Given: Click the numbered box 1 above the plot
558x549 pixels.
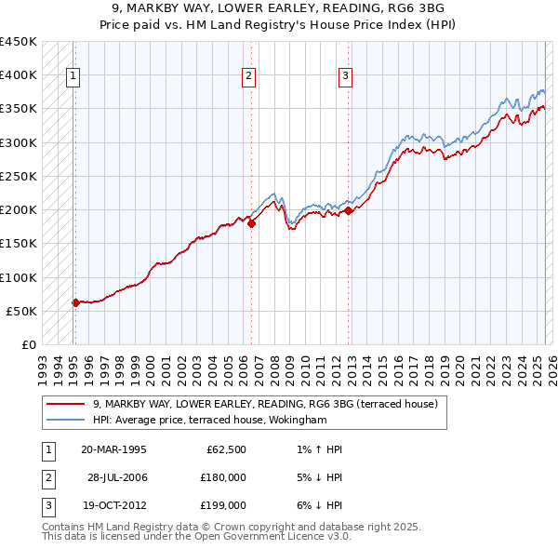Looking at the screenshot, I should click(73, 77).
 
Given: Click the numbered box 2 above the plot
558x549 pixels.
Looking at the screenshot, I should click(249, 77).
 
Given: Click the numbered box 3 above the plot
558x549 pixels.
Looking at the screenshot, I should click(345, 77).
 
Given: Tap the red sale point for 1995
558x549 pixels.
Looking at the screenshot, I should click(75, 302).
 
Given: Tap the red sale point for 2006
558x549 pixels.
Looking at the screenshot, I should click(251, 223).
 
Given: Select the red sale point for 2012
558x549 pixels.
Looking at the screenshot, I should click(348, 210).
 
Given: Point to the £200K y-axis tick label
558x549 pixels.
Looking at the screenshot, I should click(19, 209).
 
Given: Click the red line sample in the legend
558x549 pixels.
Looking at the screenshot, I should click(67, 405).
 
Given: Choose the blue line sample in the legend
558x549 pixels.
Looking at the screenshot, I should click(67, 420).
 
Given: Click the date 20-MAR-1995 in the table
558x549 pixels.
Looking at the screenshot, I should click(113, 450).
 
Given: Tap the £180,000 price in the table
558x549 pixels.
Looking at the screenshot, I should click(223, 477).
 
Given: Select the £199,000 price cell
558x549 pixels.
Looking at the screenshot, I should click(223, 505).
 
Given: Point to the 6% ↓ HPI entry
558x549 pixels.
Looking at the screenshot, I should click(317, 505).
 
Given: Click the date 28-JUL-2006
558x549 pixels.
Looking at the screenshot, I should click(117, 477).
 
